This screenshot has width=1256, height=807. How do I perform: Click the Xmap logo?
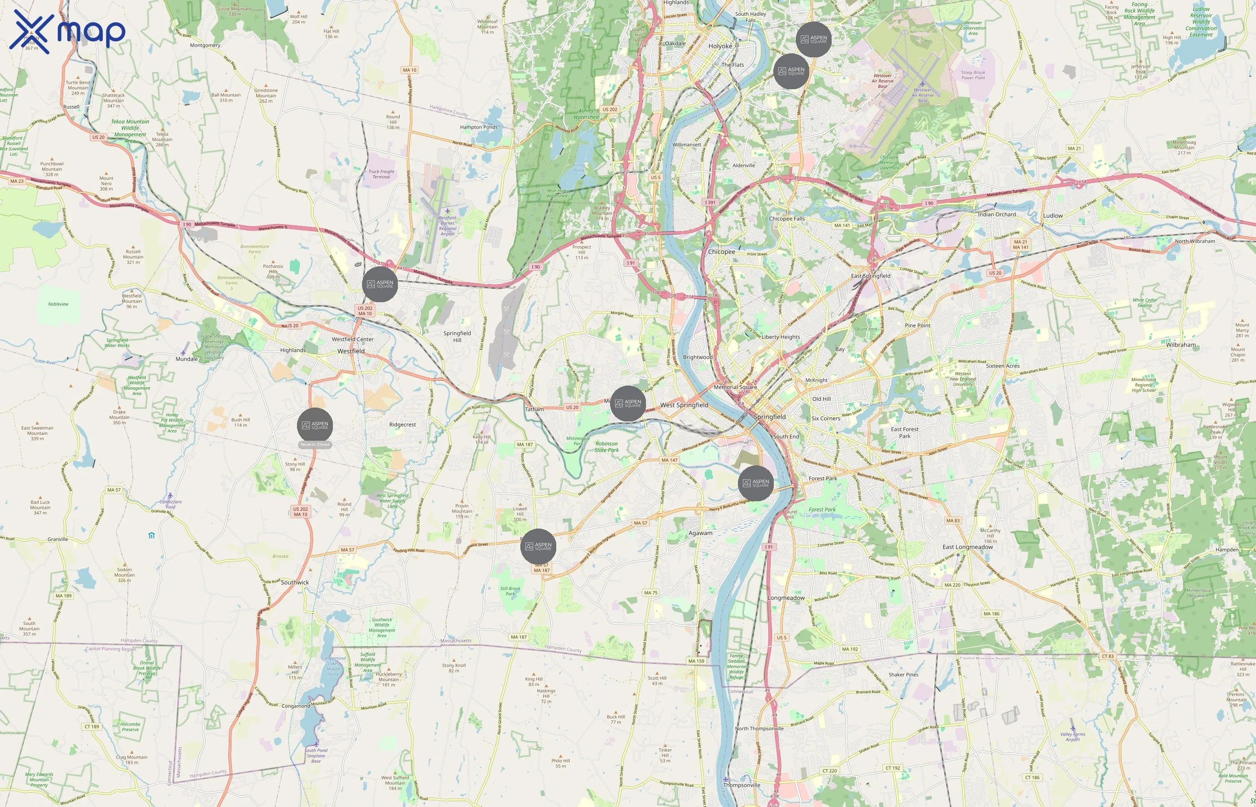[67, 31]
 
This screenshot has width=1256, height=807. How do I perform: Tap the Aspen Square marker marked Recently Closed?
[314, 425]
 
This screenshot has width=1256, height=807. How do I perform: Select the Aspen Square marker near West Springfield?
[628, 403]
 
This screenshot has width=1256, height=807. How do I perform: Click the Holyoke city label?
[720, 46]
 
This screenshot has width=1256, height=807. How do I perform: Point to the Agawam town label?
[700, 533]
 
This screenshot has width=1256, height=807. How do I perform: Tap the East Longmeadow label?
[968, 547]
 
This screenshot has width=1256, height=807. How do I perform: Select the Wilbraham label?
[1181, 345]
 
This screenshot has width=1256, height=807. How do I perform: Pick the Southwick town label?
[295, 582]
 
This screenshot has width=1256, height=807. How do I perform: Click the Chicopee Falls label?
[786, 218]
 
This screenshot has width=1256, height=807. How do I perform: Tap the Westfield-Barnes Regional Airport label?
[447, 226]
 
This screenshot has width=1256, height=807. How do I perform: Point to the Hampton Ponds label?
[479, 127]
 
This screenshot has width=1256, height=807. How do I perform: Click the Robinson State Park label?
[606, 447]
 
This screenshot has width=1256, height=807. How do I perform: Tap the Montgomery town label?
[205, 45]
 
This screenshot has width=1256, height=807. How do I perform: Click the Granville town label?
[58, 539]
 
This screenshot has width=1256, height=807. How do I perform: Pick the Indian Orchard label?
[997, 214]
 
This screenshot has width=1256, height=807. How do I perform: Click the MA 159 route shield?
[696, 661]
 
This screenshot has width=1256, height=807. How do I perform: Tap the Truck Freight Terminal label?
[381, 174]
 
